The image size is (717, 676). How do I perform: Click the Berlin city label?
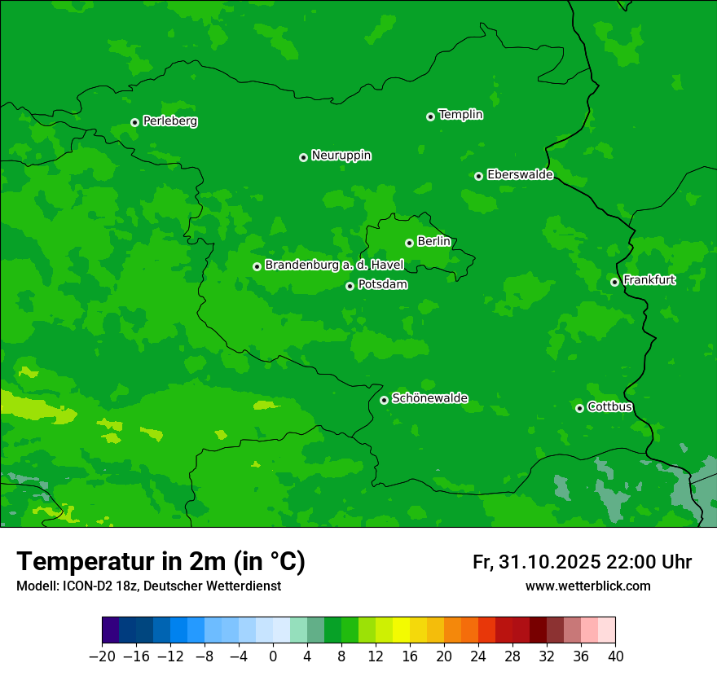pyautogui.click(x=433, y=242)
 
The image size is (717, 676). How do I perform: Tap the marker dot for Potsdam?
pyautogui.click(x=350, y=286)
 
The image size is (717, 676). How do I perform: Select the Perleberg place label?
pyautogui.click(x=169, y=121)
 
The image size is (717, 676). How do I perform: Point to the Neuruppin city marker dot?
pyautogui.click(x=303, y=157)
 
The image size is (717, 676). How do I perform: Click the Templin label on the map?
pyautogui.click(x=460, y=115)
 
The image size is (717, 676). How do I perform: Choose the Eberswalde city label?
pyautogui.click(x=520, y=175)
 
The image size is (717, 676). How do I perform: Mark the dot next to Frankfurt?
pyautogui.click(x=614, y=283)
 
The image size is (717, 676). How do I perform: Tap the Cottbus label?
pyautogui.click(x=609, y=407)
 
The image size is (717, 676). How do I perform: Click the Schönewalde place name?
pyautogui.click(x=429, y=398)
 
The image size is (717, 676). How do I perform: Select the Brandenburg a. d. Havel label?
pyautogui.click(x=334, y=266)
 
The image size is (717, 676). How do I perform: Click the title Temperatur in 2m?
pyautogui.click(x=161, y=562)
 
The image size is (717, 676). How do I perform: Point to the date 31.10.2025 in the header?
pyautogui.click(x=548, y=562)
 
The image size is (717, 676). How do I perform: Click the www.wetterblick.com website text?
pyautogui.click(x=588, y=586)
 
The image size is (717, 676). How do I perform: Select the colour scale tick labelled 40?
pyautogui.click(x=615, y=656)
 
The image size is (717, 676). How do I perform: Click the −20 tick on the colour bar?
pyautogui.click(x=102, y=656)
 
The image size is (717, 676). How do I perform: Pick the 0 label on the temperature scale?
pyautogui.click(x=273, y=656)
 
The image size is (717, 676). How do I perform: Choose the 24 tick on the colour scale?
pyautogui.click(x=478, y=656)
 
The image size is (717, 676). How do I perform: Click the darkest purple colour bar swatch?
pyautogui.click(x=111, y=630)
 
